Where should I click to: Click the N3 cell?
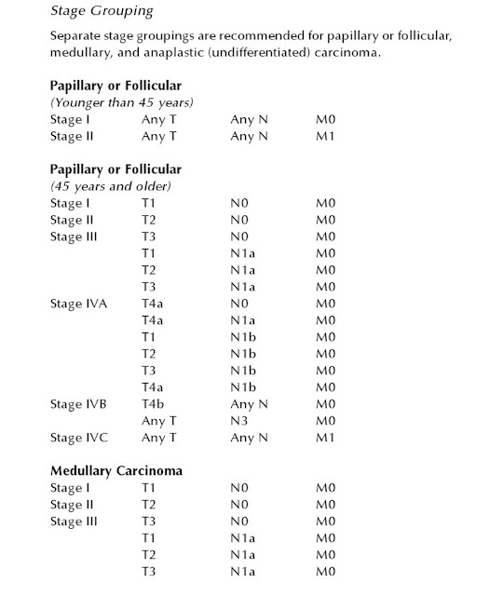pyautogui.click(x=239, y=421)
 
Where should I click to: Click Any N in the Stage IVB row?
pyautogui.click(x=249, y=404)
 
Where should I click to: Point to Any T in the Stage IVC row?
pyautogui.click(x=158, y=438)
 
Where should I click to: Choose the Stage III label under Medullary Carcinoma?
pyautogui.click(x=74, y=521)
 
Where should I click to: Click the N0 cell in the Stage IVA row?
pyautogui.click(x=239, y=304)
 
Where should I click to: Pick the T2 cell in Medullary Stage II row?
pyautogui.click(x=148, y=505)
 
